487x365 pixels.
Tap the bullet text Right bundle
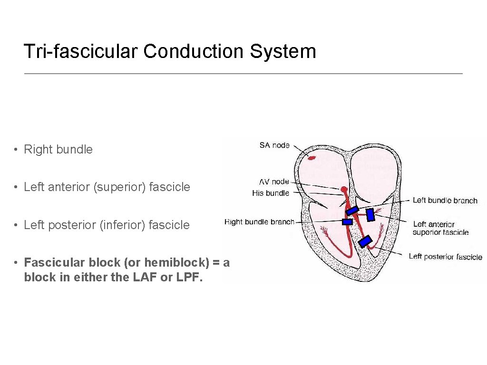point(58,149)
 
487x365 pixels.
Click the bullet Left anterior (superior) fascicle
point(107,187)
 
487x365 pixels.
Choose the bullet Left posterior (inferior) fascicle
point(107,225)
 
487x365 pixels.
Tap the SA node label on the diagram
point(274,145)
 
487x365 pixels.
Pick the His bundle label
point(270,193)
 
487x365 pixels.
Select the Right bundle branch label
point(259,221)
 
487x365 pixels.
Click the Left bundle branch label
point(445,201)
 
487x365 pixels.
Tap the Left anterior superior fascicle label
point(440,228)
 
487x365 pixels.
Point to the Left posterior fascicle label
point(445,257)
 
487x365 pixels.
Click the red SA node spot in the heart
point(312,157)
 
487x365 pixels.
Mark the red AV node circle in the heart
point(344,190)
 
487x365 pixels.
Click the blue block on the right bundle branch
point(347,221)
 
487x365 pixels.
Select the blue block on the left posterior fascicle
point(365,241)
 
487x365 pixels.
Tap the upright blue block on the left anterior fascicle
point(370,215)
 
